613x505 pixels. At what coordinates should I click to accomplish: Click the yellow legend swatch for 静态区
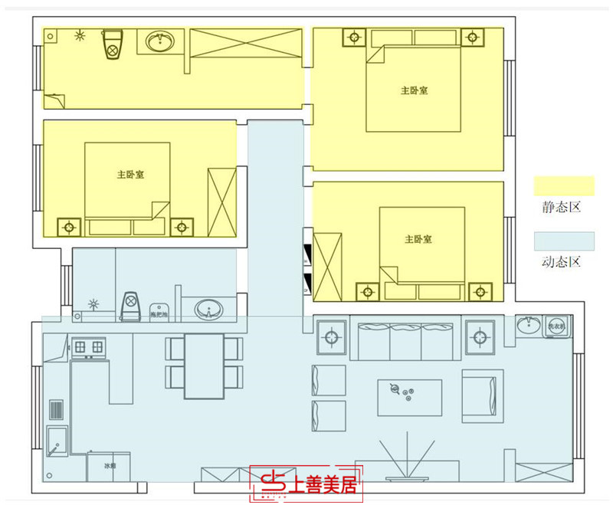[x=564, y=185]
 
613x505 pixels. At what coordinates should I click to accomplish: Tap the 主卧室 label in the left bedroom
[x=131, y=175]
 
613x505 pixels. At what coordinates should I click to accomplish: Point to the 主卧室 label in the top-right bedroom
[x=414, y=90]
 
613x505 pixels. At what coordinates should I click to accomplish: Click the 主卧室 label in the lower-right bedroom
[x=418, y=239]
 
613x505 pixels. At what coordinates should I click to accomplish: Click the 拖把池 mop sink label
[x=159, y=314]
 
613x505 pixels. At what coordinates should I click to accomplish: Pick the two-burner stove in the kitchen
[x=87, y=348]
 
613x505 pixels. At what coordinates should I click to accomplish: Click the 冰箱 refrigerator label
[x=110, y=464]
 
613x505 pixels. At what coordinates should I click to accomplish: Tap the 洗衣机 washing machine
[x=556, y=326]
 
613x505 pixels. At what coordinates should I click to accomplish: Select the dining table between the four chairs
[x=204, y=366]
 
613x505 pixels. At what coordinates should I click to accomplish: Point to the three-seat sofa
[x=405, y=339]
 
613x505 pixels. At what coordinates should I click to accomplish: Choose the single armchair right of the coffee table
[x=483, y=395]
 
